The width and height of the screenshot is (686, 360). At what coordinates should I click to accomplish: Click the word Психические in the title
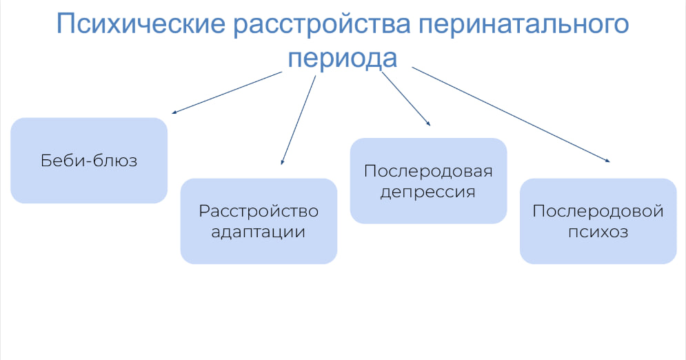141,23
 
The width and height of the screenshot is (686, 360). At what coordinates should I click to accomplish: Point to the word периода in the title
343,59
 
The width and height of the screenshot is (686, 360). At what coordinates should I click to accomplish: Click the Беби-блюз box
89,161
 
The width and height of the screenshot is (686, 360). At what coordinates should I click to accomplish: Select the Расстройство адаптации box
259,221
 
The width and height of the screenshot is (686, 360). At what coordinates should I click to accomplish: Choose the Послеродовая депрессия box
428,181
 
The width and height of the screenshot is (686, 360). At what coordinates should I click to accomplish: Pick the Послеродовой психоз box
598,221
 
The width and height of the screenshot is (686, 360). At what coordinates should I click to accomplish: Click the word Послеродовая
428,171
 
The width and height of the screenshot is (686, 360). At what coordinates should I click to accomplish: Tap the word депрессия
428,192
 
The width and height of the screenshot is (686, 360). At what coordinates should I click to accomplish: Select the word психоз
598,232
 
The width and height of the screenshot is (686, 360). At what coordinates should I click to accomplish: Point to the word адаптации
258,232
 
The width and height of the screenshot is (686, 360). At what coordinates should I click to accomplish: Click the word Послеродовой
598,211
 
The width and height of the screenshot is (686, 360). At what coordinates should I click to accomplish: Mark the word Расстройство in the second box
259,211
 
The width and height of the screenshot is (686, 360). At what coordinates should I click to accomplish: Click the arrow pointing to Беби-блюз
227,92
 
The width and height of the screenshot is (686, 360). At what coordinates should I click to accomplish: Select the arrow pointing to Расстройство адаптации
298,120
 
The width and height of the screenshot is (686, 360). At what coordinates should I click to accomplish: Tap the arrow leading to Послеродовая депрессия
406,99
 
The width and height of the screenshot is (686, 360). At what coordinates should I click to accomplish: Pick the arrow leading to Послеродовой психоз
511,114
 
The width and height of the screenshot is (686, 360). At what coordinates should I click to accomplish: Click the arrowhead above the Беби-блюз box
174,112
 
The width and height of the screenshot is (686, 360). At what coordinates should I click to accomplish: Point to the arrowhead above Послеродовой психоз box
607,161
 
